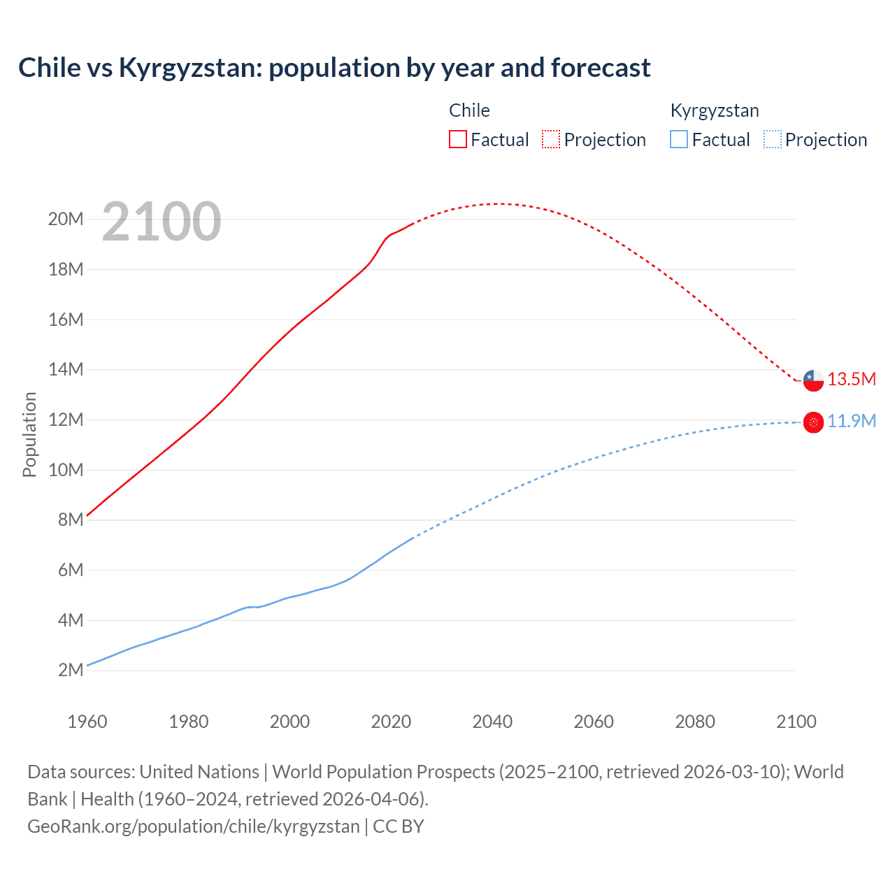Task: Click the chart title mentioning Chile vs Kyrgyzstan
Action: pos(334,68)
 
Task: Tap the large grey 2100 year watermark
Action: pos(162,222)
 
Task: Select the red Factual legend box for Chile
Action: pos(457,139)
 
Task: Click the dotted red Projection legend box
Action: pos(551,139)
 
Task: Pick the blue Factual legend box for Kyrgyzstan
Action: pos(679,139)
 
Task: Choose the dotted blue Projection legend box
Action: pos(772,139)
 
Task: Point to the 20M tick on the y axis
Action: pos(66,219)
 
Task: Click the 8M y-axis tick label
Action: pos(71,520)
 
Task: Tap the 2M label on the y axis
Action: pos(71,670)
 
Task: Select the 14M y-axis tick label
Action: pos(66,369)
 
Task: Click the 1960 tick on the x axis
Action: pos(87,722)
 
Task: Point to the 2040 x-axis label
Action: pos(492,722)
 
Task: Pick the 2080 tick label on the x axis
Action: pos(695,722)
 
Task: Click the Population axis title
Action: pos(29,434)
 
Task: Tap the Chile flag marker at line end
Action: pos(813,380)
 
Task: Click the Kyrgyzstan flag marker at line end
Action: pos(813,422)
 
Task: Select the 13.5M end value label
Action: pos(852,379)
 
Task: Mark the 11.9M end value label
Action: pos(852,421)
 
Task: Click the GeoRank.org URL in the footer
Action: pos(193,826)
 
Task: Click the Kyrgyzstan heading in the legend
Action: pos(715,110)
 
